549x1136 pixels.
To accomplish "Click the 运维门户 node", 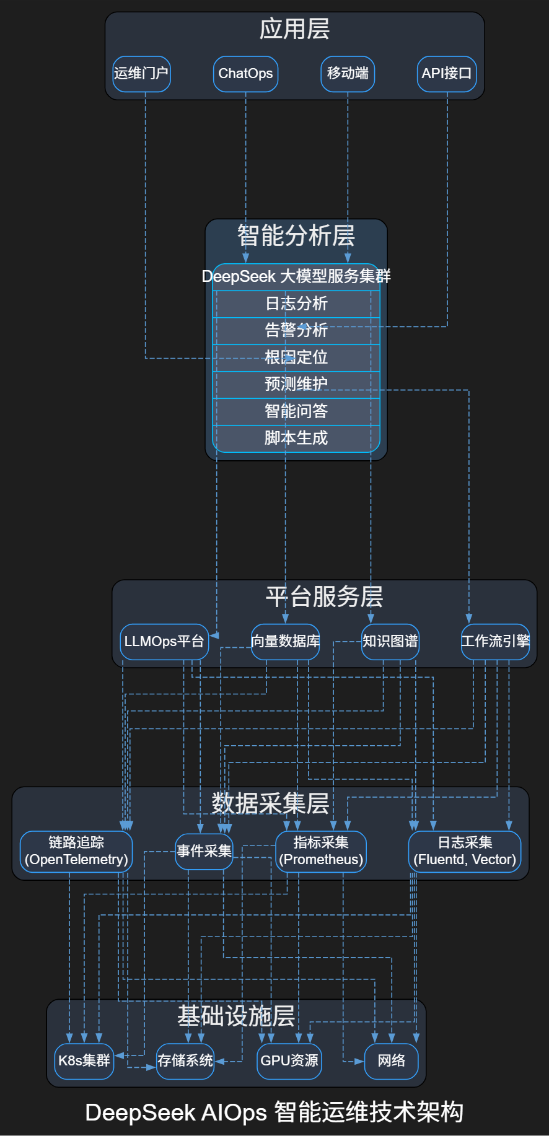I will [141, 74].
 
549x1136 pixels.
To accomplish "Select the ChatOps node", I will [245, 74].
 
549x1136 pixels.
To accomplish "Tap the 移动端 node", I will [348, 74].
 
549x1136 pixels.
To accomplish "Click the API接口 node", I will [447, 74].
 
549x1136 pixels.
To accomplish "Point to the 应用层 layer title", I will [294, 29].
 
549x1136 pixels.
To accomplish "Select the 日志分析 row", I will [296, 304].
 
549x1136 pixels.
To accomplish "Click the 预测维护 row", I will [296, 384].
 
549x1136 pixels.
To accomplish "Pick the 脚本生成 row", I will [296, 438].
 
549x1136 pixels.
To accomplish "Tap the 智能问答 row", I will [296, 411].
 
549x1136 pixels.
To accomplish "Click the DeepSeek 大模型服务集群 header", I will [296, 276].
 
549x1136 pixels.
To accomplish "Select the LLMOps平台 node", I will [164, 642].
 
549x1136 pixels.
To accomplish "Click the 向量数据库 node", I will [285, 642].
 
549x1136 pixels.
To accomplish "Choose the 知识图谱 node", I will [390, 642].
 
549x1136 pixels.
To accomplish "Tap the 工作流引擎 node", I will [495, 642].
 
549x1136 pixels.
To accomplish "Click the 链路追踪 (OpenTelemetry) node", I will [76, 851].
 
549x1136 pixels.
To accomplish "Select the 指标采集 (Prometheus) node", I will [321, 851].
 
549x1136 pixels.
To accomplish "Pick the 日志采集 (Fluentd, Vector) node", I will [465, 851].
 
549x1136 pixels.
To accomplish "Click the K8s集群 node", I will [84, 1061].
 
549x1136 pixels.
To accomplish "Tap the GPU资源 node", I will [289, 1061].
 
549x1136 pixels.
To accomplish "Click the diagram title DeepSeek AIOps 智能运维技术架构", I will [274, 1112].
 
